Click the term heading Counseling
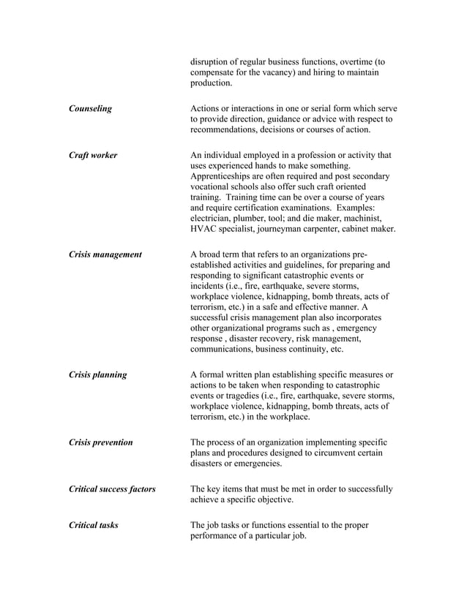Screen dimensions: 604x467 coord(90,109)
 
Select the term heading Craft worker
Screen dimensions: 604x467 coord(92,155)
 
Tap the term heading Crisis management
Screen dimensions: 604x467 coord(105,254)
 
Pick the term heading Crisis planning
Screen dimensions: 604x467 coord(97,375)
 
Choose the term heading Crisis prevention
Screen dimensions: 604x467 coord(100,442)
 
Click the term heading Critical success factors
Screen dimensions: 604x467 coord(112,489)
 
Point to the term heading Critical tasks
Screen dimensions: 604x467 coord(93,525)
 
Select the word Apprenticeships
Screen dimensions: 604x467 coord(225,177)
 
